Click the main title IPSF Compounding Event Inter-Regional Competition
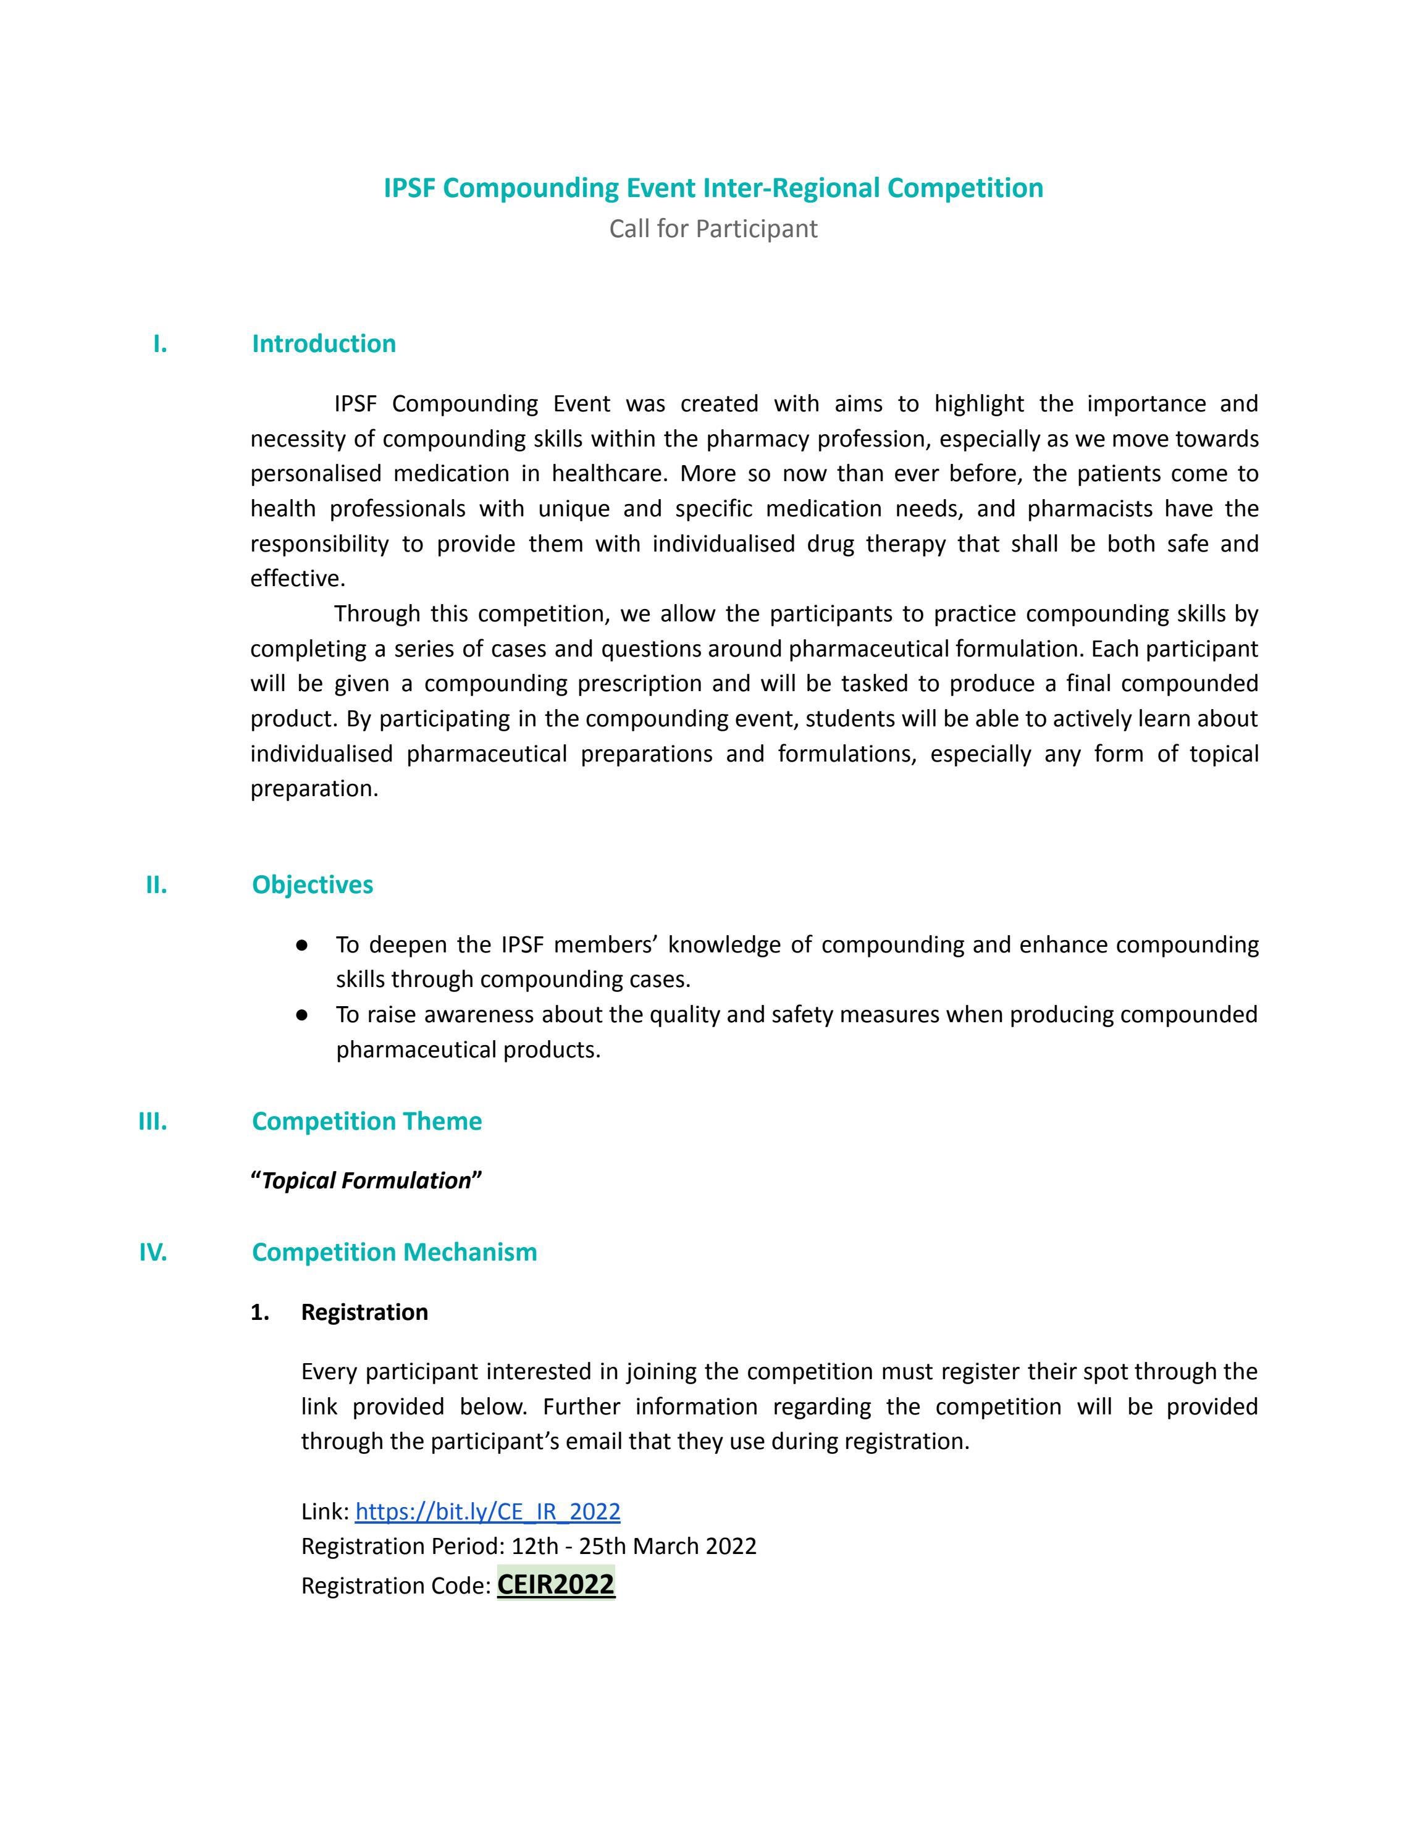(x=713, y=188)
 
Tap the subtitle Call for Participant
(x=713, y=229)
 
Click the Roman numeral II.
(x=156, y=884)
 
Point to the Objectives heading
(x=312, y=884)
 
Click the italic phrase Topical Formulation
(x=366, y=1180)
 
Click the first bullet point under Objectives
(x=302, y=944)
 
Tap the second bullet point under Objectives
(x=302, y=1015)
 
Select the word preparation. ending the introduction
(x=314, y=789)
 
